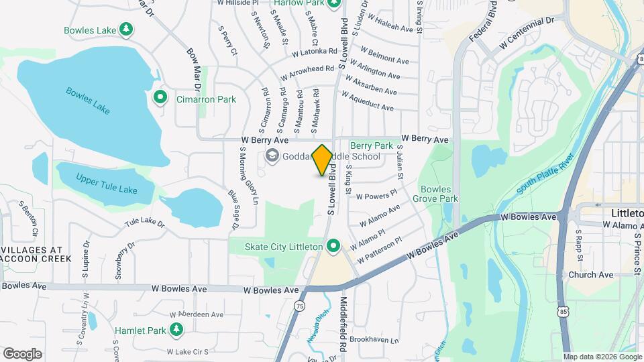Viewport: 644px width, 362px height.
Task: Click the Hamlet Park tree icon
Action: (176, 330)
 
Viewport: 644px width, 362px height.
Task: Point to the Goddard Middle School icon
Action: (272, 157)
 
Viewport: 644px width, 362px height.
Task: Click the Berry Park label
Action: (371, 145)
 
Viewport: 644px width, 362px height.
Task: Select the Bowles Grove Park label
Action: (435, 194)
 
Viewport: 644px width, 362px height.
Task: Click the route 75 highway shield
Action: (298, 306)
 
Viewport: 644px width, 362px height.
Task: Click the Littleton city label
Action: (627, 213)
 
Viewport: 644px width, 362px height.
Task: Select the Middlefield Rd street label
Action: (344, 325)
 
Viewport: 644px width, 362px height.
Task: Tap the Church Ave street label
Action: (590, 275)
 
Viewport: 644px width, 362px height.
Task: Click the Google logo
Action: (21, 353)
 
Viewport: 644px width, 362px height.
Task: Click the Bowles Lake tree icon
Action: (125, 29)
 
